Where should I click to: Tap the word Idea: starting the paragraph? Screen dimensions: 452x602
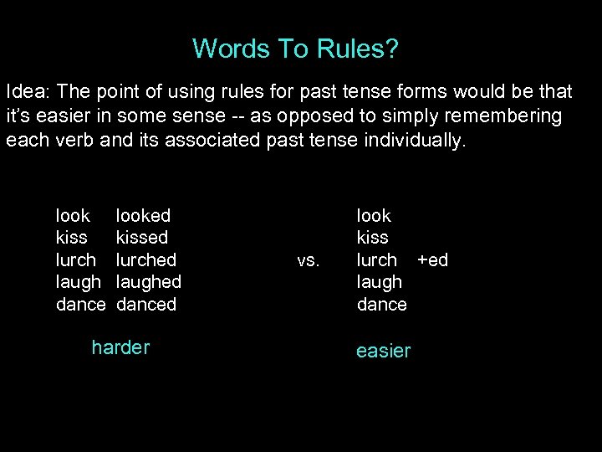click(x=28, y=90)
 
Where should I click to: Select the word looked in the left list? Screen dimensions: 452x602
click(x=143, y=216)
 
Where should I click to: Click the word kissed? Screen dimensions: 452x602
click(x=142, y=238)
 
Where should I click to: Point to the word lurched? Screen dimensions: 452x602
click(x=146, y=259)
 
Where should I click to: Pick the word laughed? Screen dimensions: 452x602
click(x=149, y=282)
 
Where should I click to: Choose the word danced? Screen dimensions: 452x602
click(x=146, y=304)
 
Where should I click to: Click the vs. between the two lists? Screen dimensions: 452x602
click(x=308, y=260)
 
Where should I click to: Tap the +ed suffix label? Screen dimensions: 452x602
click(x=432, y=259)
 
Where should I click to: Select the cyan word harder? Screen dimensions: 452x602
click(x=120, y=347)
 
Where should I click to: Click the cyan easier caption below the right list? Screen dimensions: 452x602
click(x=383, y=351)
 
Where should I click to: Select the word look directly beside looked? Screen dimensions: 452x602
click(x=73, y=216)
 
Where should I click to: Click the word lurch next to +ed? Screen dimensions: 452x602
click(x=377, y=259)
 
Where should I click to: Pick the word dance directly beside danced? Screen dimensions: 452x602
click(x=81, y=304)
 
